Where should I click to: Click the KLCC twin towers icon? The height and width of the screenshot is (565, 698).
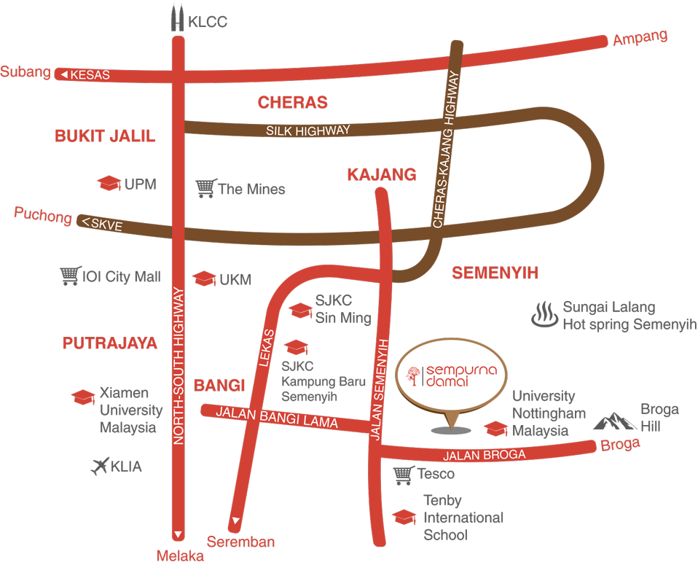pos(177,18)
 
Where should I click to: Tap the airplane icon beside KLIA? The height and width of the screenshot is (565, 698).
pos(100,466)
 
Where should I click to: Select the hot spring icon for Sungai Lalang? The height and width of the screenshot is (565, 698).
pos(544,315)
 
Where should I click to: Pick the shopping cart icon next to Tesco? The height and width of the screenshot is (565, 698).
pos(403,475)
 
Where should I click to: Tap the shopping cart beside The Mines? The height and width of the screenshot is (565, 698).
pos(206,188)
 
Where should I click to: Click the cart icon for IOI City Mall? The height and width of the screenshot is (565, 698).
pos(70,276)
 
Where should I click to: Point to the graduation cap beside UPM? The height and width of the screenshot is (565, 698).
pos(109,183)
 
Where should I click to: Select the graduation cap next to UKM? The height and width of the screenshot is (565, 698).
pos(204,278)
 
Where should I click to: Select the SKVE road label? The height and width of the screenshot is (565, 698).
pos(106,225)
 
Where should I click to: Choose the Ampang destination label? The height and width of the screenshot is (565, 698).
pos(640,38)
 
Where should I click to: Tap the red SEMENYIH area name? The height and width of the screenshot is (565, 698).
pos(495,273)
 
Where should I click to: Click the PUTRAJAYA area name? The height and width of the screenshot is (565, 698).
pos(110,343)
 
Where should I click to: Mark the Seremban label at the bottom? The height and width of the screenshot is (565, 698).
pos(240,542)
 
